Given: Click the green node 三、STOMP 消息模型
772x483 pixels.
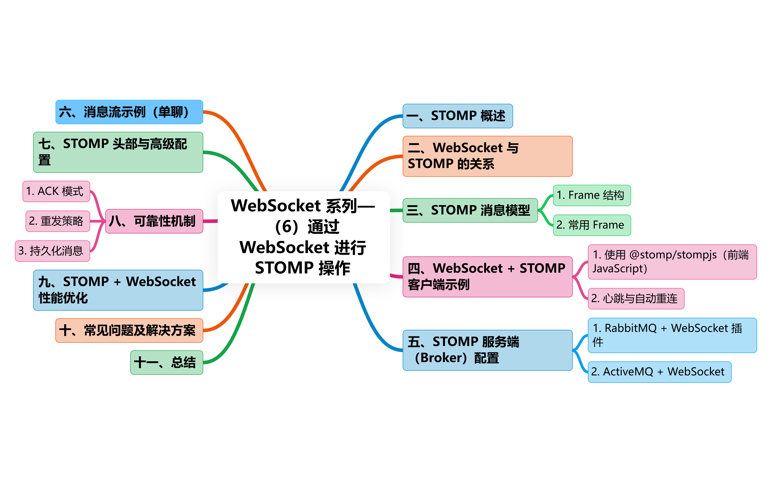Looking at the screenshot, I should pos(470,210).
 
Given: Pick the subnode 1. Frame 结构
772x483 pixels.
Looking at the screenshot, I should pos(592,195).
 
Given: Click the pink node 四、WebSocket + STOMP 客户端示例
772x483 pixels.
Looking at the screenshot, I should pos(487,277).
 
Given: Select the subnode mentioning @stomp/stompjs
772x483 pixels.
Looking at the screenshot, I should pos(672,262).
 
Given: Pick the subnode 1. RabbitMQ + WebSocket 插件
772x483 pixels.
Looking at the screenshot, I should pos(672,335).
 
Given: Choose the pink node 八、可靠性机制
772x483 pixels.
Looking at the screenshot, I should pos(154,221).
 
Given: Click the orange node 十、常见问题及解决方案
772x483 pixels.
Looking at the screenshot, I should pos(129,330).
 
